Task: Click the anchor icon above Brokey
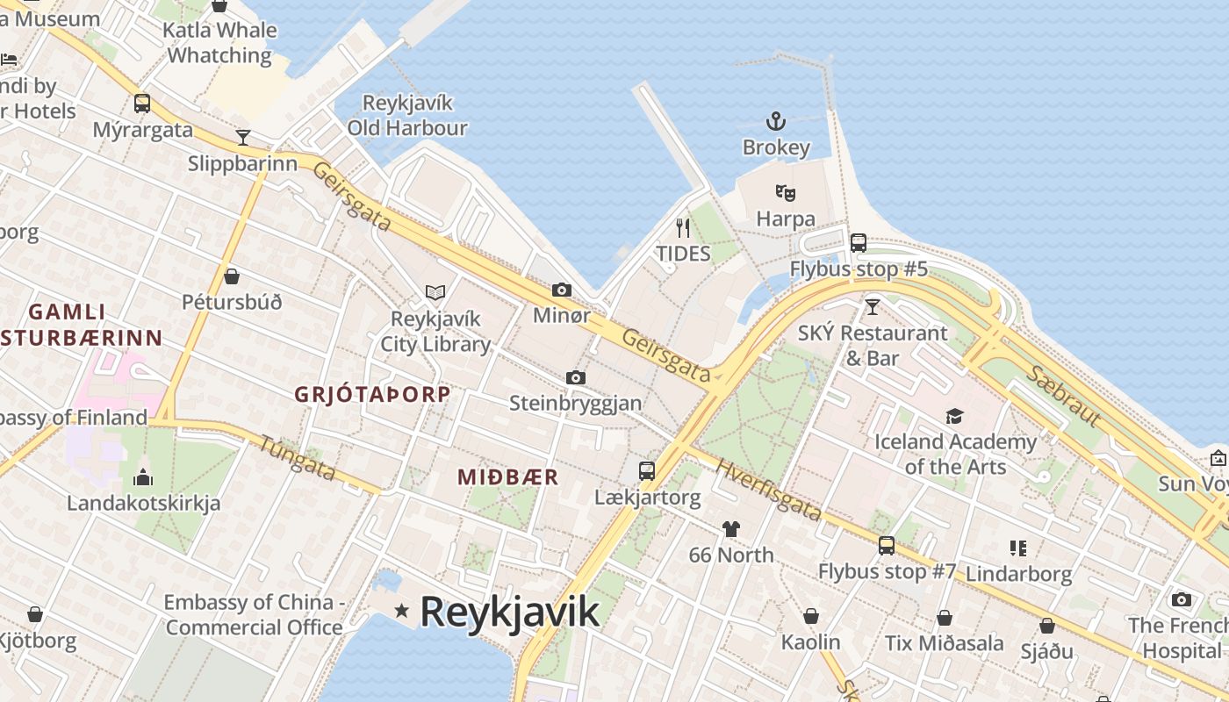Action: point(775,120)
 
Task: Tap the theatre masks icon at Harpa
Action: point(785,192)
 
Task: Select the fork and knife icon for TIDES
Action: point(683,228)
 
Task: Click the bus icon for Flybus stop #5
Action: point(859,242)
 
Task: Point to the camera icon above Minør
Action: point(562,290)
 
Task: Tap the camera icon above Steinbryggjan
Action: point(576,377)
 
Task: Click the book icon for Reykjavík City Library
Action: point(435,292)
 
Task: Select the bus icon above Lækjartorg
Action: point(647,471)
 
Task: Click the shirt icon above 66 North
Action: point(730,528)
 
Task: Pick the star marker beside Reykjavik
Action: point(401,610)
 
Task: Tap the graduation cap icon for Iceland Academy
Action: point(954,416)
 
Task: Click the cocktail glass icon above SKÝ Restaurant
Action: point(872,306)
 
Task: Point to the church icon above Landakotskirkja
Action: point(142,477)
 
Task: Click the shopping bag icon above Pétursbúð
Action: point(232,276)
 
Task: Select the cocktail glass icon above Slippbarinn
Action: point(243,137)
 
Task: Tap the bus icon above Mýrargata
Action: point(142,104)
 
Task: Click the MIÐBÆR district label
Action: point(507,476)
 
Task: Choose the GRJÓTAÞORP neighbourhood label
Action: point(372,394)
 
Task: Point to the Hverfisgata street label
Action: point(768,490)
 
